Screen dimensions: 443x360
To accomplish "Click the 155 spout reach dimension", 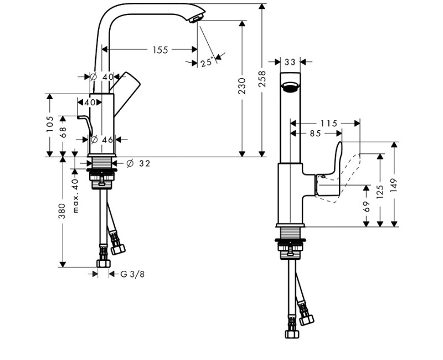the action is tap(160, 50).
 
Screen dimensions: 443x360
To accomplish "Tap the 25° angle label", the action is tap(207, 62).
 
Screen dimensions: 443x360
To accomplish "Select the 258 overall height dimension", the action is tap(262, 79).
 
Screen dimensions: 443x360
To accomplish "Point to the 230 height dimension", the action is tap(242, 86).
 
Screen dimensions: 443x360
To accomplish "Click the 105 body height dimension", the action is tap(50, 124).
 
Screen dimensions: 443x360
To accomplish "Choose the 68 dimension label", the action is tap(63, 132).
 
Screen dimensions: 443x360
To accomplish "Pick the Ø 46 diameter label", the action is tap(102, 140).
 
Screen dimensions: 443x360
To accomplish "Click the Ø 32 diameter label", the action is tap(138, 163).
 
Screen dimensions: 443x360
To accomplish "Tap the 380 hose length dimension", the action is tap(62, 211).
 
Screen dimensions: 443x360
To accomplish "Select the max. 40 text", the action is tap(75, 196).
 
